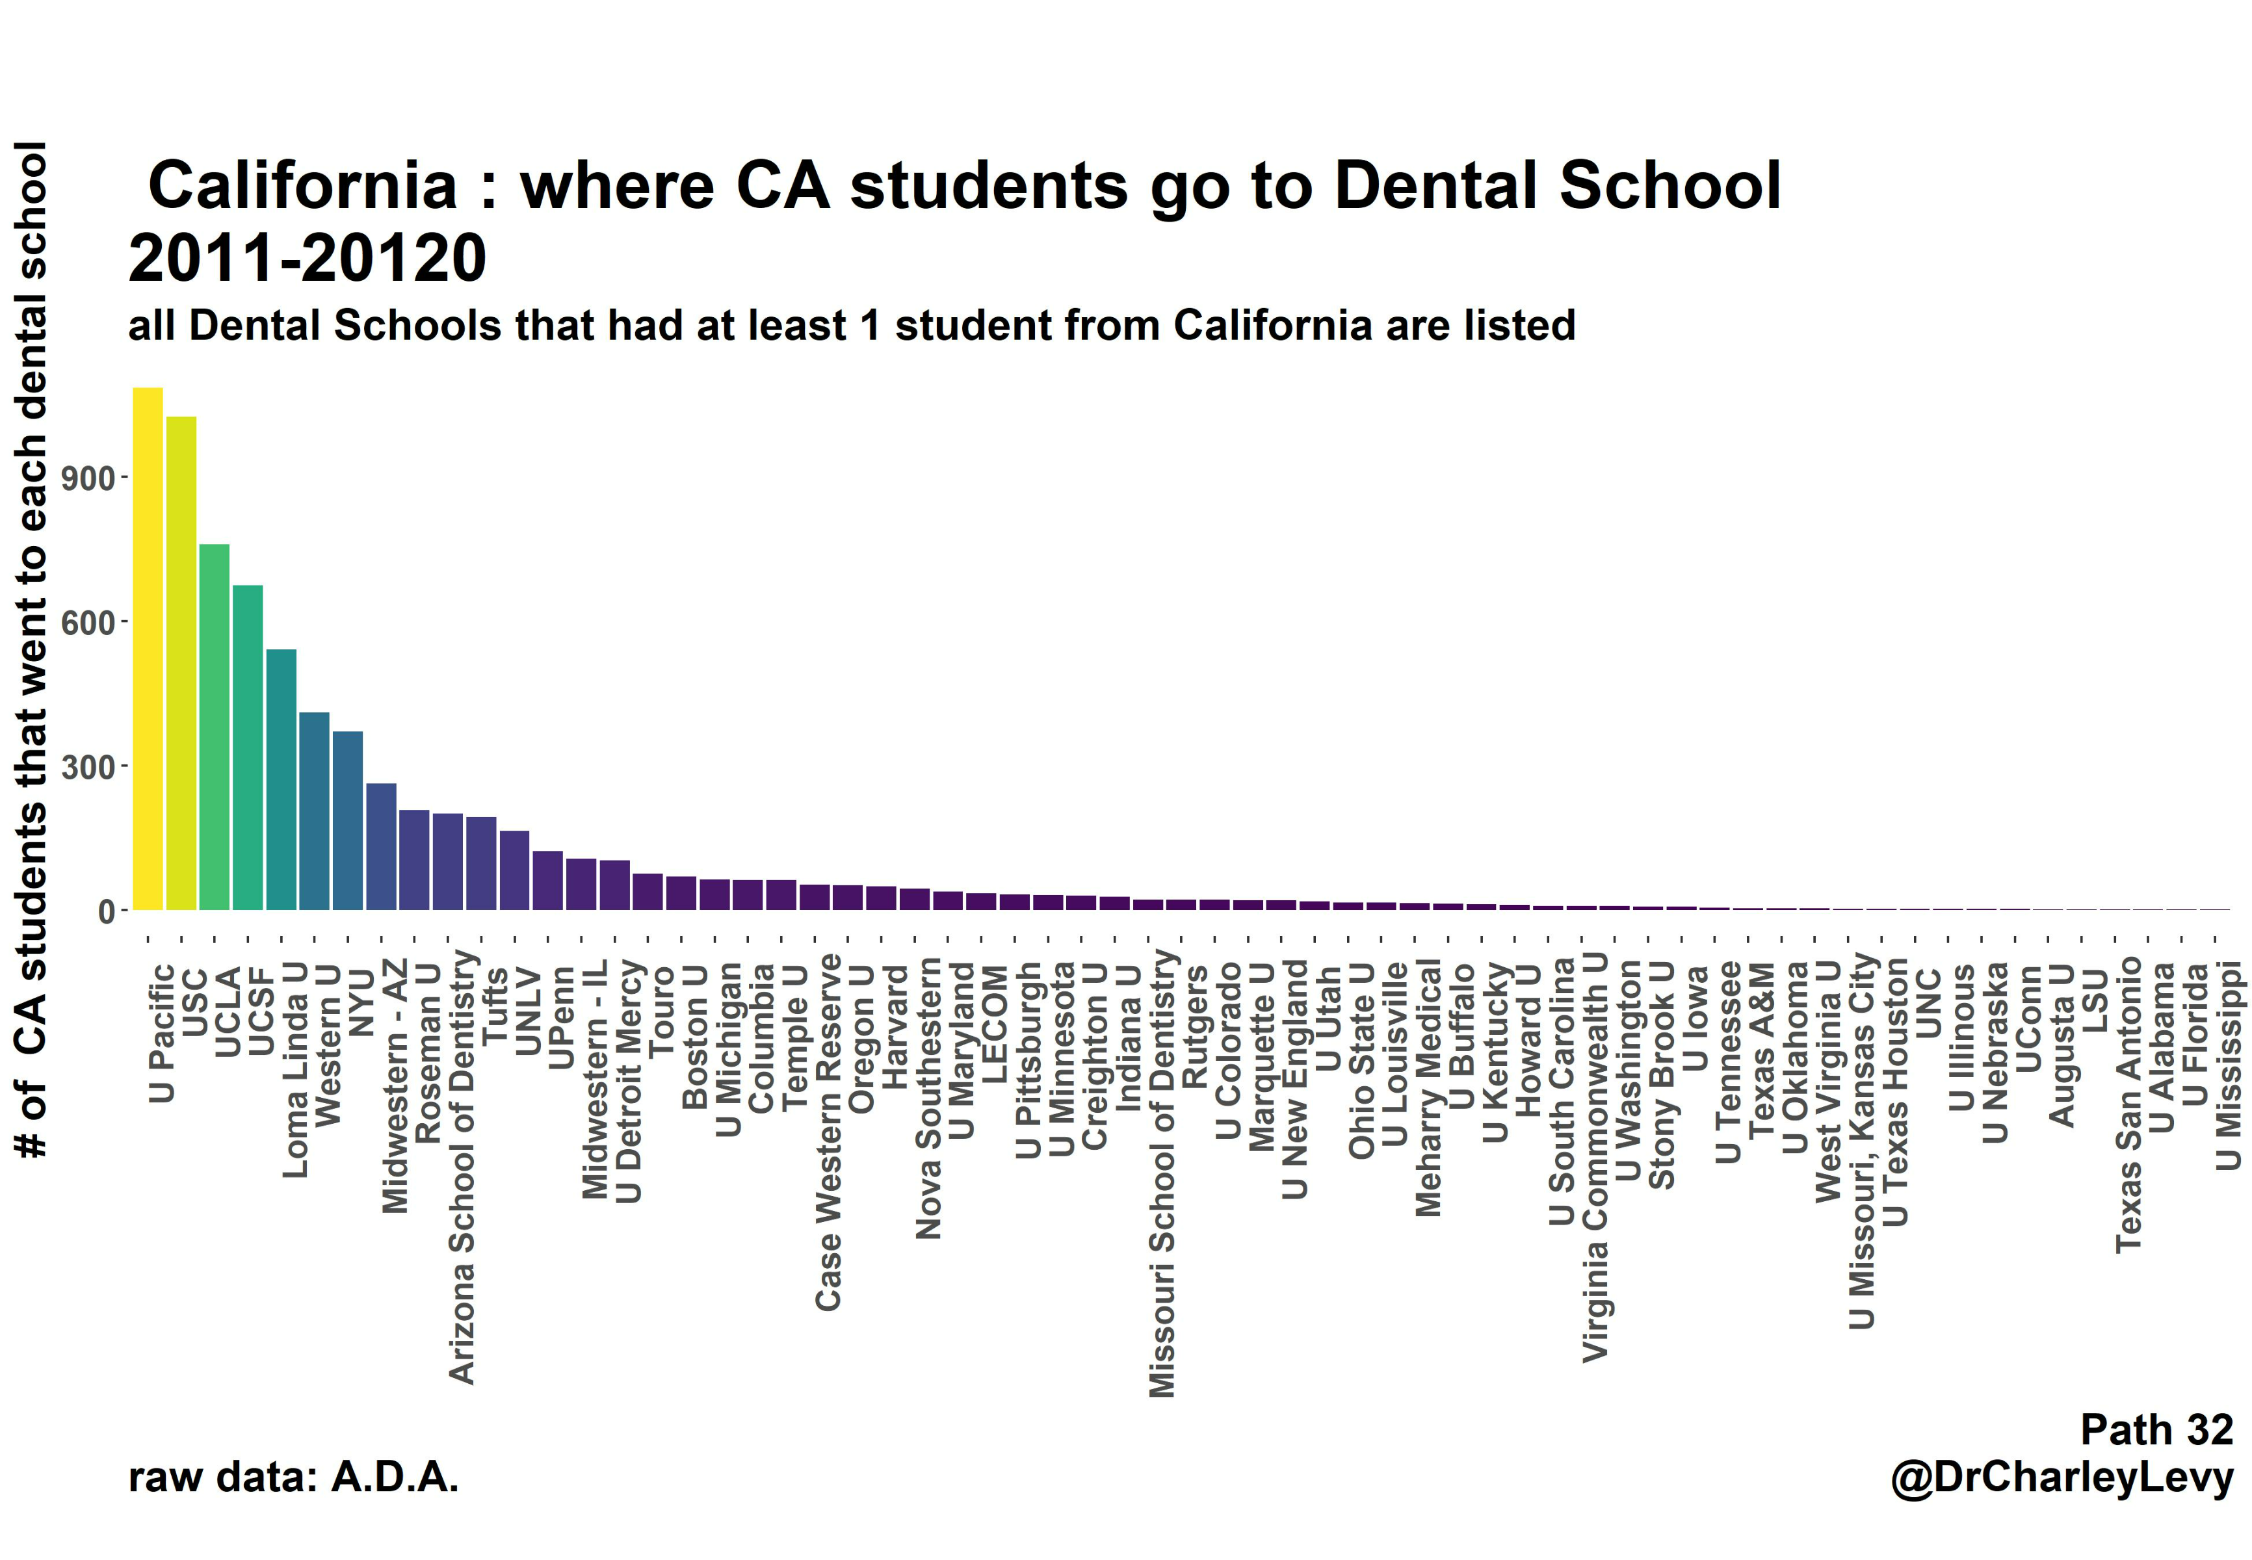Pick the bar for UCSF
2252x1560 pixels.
click(247, 747)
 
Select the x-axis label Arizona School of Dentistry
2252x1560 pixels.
click(462, 1166)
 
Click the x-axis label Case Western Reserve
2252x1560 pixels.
click(829, 1132)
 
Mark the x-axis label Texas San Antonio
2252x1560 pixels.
click(2129, 1104)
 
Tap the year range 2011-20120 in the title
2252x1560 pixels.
click(307, 259)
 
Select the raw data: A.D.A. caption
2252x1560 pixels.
click(293, 1477)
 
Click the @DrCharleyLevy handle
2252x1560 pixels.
click(2062, 1477)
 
